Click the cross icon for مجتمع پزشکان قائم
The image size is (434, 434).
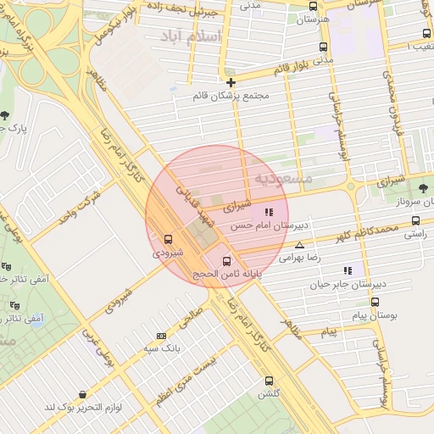(231, 82)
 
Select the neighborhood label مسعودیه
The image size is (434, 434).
(283, 179)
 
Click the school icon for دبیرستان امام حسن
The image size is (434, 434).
(269, 213)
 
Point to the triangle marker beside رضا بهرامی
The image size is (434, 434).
(298, 245)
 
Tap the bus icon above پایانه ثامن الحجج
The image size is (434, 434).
(226, 261)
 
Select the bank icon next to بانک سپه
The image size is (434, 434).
(162, 336)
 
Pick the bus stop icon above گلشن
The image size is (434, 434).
(270, 381)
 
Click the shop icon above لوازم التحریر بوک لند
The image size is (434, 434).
(82, 395)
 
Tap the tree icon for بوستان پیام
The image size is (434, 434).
(375, 302)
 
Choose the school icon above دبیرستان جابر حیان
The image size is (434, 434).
(348, 270)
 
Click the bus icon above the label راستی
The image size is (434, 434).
(415, 220)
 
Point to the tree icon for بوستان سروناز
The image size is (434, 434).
(423, 187)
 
